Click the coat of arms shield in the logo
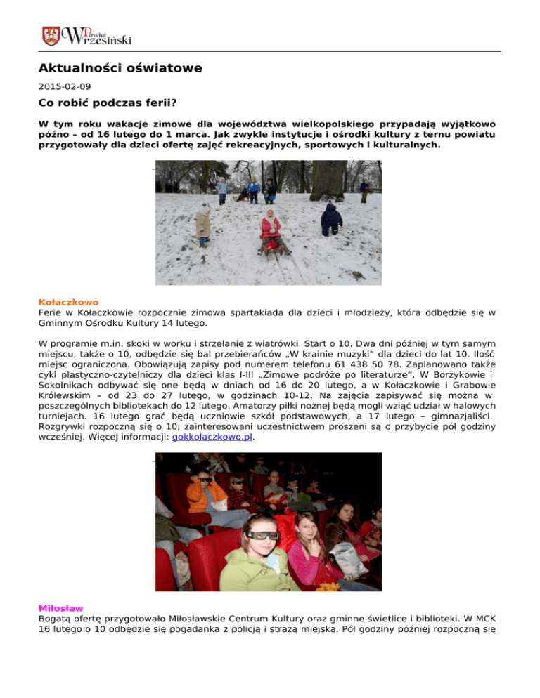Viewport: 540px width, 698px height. [51, 35]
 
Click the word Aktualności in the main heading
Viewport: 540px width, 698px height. [83, 68]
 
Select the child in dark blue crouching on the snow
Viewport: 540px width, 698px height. [331, 220]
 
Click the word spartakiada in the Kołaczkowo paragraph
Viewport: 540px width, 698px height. [253, 312]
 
